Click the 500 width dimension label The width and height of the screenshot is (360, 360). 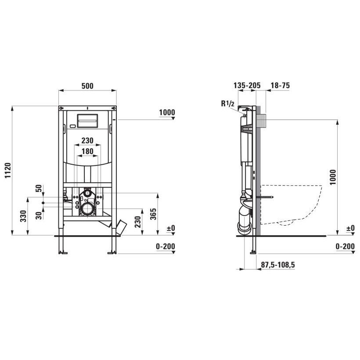[x=87, y=86]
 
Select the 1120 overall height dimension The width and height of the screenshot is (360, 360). [x=8, y=170]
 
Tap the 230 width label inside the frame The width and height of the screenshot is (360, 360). [x=87, y=140]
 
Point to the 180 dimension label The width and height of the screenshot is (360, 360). [x=87, y=151]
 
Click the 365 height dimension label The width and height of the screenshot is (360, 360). [x=153, y=214]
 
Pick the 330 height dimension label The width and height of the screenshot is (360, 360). [x=23, y=216]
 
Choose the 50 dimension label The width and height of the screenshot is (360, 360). [x=39, y=188]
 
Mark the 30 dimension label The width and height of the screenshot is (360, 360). [x=39, y=216]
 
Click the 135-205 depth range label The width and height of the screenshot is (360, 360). [x=247, y=86]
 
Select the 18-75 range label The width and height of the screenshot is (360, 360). [x=280, y=86]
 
